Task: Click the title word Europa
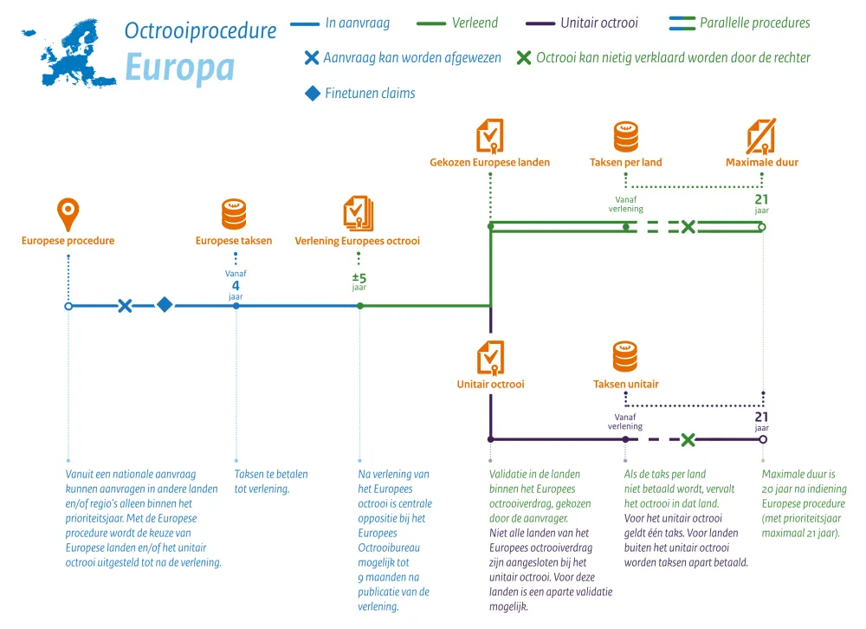(179, 67)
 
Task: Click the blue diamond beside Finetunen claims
(313, 93)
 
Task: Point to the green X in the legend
(523, 59)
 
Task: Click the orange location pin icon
(68, 213)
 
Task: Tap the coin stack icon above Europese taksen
(234, 213)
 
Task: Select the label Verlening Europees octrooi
(357, 241)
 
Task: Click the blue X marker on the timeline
(125, 306)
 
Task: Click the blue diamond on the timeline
(165, 305)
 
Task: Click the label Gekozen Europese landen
(489, 162)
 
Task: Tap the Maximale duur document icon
(761, 136)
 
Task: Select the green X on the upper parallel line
(688, 227)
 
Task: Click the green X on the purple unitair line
(688, 440)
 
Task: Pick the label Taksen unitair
(625, 384)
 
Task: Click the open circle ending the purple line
(762, 440)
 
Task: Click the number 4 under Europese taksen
(236, 285)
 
